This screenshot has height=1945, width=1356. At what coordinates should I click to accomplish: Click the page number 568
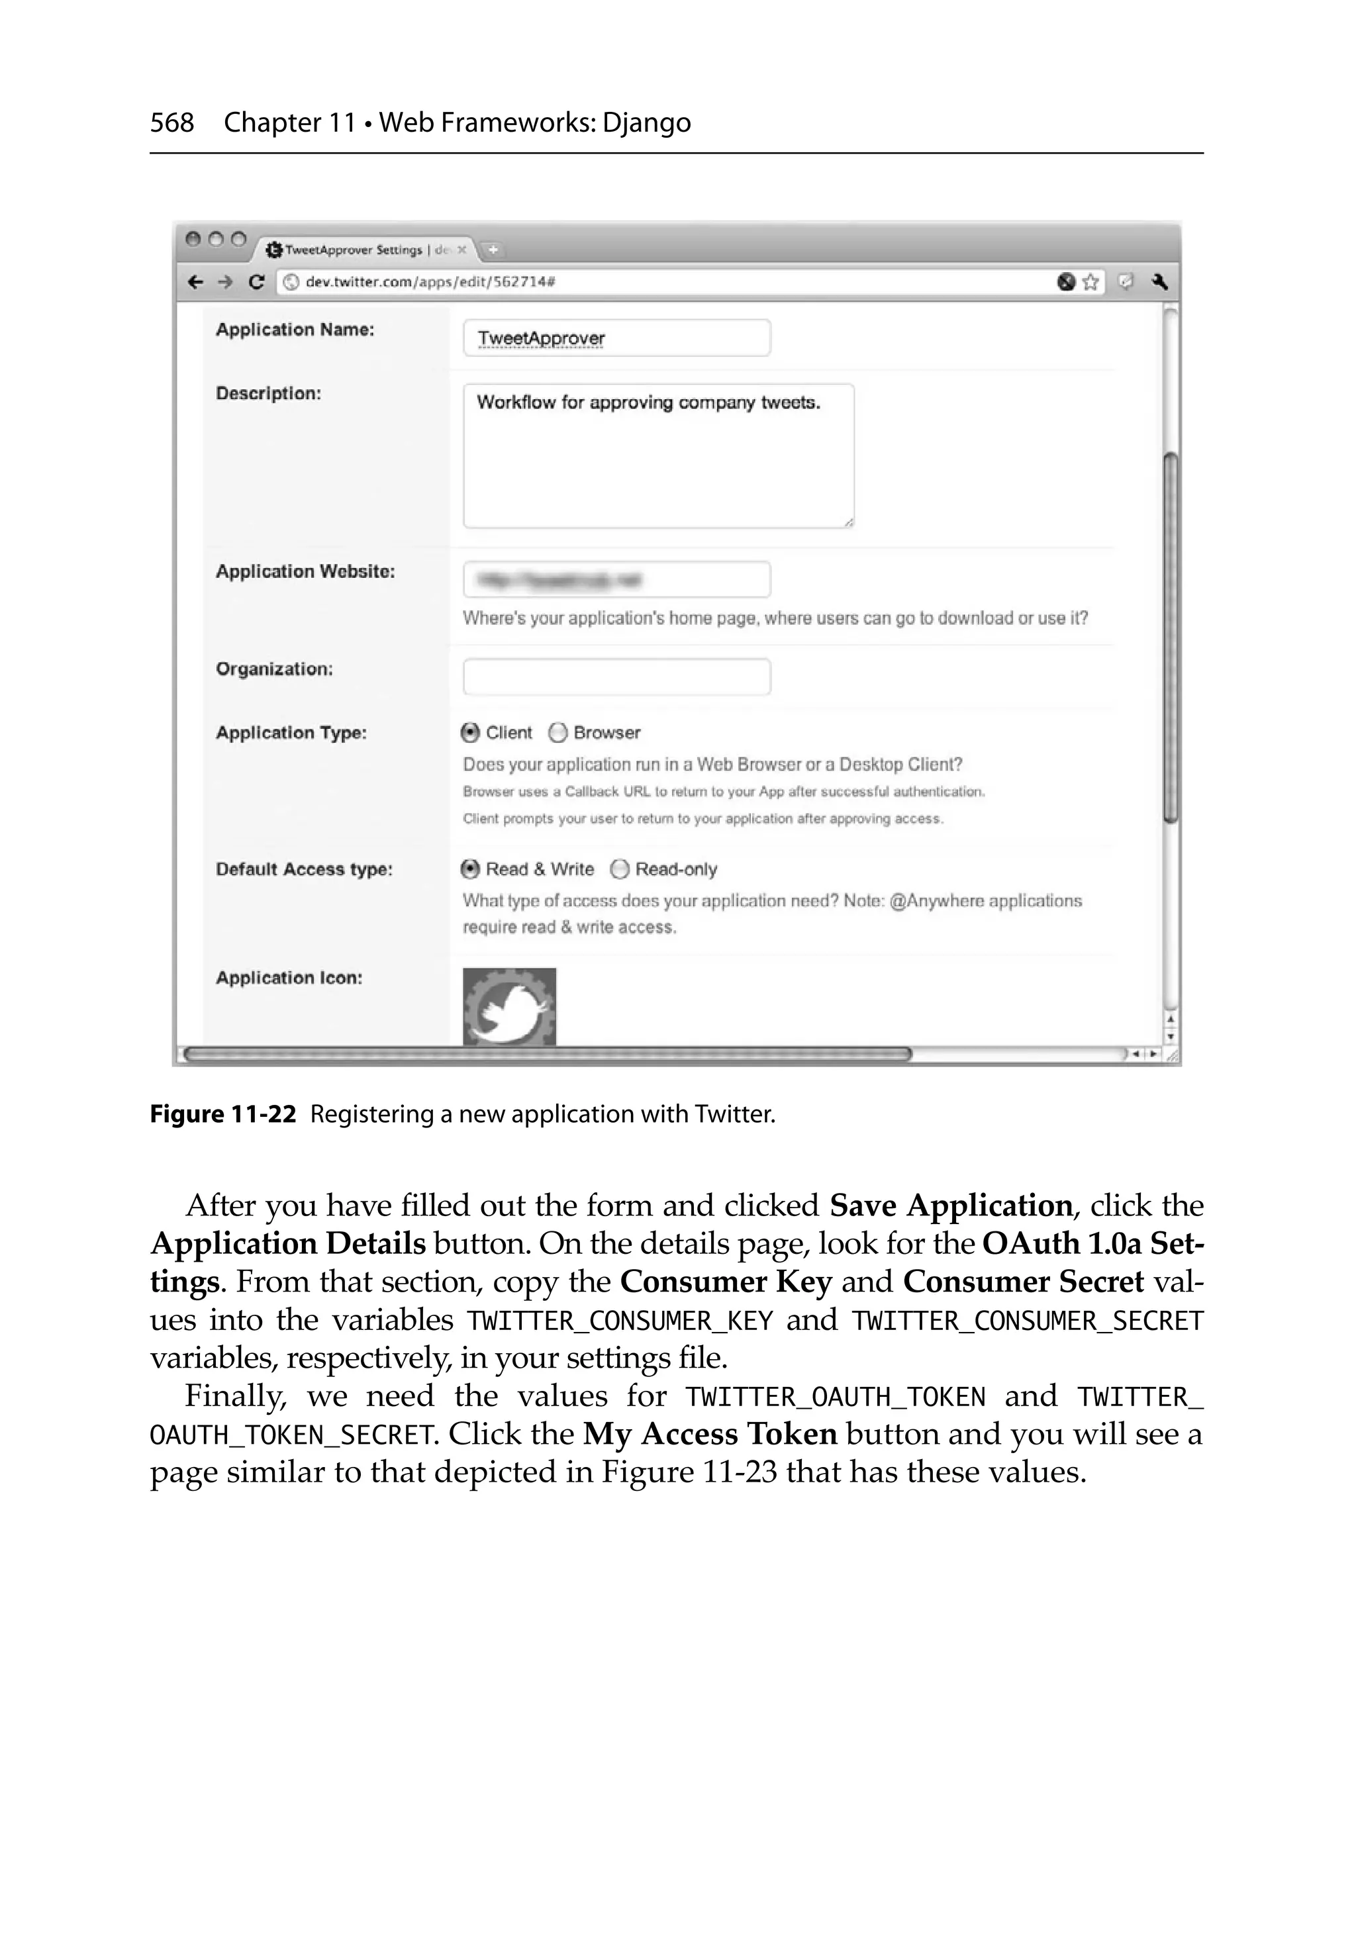[172, 123]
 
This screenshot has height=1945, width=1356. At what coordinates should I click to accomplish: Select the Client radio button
[470, 733]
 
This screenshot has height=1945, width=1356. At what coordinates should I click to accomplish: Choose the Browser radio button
[557, 733]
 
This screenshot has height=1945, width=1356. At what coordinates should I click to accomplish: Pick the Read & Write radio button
[470, 869]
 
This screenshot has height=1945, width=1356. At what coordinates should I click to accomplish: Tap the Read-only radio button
[620, 869]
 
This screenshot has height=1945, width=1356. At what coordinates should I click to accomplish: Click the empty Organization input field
[616, 677]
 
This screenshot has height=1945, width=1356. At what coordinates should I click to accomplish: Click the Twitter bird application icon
[509, 1006]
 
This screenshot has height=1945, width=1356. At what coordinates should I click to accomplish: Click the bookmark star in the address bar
[1090, 282]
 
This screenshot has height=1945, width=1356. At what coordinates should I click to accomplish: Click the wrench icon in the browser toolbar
[1159, 282]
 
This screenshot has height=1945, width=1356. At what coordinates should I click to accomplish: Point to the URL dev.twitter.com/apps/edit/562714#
[430, 282]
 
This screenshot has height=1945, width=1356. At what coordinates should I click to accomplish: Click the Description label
[267, 393]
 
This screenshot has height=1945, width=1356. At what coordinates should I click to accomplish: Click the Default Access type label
[303, 869]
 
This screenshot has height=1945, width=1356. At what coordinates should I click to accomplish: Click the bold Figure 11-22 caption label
[223, 1114]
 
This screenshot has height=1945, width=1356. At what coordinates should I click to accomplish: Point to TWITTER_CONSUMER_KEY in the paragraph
[620, 1321]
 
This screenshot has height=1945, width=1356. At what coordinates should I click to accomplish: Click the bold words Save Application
[951, 1206]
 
